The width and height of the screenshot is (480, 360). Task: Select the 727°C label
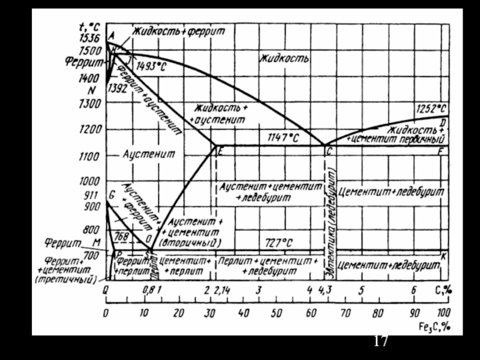point(280,242)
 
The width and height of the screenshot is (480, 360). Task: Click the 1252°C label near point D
point(431,109)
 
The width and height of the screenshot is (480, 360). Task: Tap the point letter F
point(440,151)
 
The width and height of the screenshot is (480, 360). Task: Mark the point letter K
point(443,256)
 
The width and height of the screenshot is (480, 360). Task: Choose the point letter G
point(112,194)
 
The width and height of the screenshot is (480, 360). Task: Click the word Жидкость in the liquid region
point(284,59)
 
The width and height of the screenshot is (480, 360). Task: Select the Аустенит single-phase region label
point(149,154)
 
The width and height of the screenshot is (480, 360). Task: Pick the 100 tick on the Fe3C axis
point(443,313)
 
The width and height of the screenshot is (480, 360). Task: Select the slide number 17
point(380,341)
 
